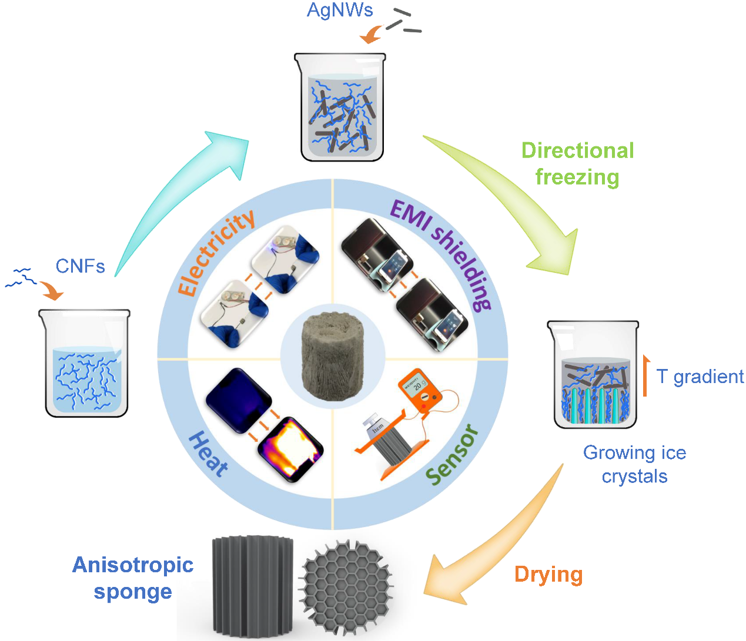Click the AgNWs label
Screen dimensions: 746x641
[340, 10]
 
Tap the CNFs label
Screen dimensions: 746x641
[80, 266]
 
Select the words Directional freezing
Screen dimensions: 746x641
[577, 164]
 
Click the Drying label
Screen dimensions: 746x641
[548, 574]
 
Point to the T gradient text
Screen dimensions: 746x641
[700, 377]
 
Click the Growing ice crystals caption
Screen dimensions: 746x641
[634, 464]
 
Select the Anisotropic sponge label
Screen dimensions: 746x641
[133, 578]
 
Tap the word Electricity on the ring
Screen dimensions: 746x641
[216, 253]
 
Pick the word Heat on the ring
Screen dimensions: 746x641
[208, 454]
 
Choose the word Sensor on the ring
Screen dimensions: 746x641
[452, 455]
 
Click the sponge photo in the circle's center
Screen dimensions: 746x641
[333, 355]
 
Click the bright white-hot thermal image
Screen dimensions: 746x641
[290, 449]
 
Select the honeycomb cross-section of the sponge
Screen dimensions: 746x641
[346, 588]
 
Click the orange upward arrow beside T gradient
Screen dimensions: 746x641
[645, 375]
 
